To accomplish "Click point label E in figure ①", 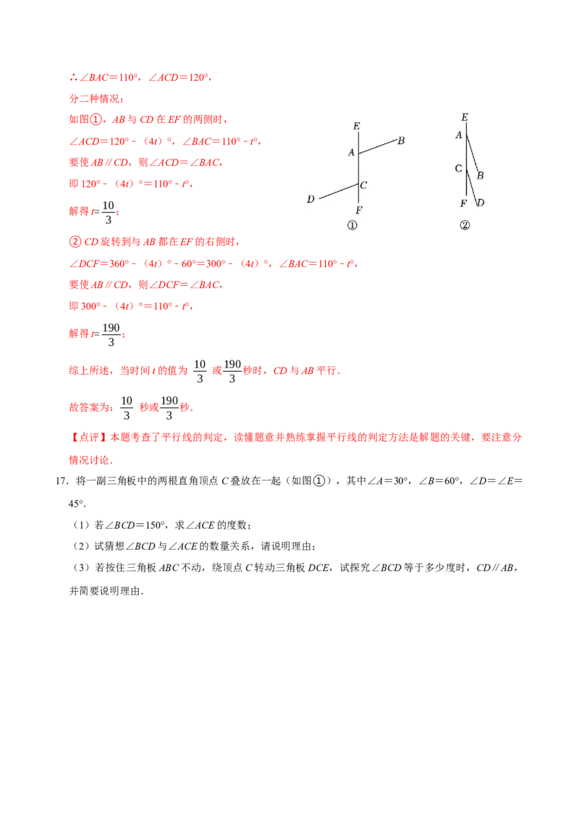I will pyautogui.click(x=357, y=127).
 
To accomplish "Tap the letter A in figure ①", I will pyautogui.click(x=350, y=152).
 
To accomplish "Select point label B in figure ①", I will pyautogui.click(x=402, y=140).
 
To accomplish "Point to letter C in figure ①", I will pyautogui.click(x=363, y=185).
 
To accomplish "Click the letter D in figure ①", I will pyautogui.click(x=310, y=199).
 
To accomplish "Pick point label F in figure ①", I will pyautogui.click(x=359, y=211).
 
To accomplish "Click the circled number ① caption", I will pyautogui.click(x=352, y=226).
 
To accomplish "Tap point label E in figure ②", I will pyautogui.click(x=465, y=117).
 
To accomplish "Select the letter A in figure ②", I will pyautogui.click(x=458, y=135).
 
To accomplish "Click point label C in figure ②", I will pyautogui.click(x=458, y=168).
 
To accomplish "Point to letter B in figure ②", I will pyautogui.click(x=480, y=176).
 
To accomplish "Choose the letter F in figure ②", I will pyautogui.click(x=463, y=204).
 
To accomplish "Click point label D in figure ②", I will pyautogui.click(x=481, y=203).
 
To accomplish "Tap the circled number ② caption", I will pyautogui.click(x=465, y=226).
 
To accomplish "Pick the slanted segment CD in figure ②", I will pyautogui.click(x=473, y=187).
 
